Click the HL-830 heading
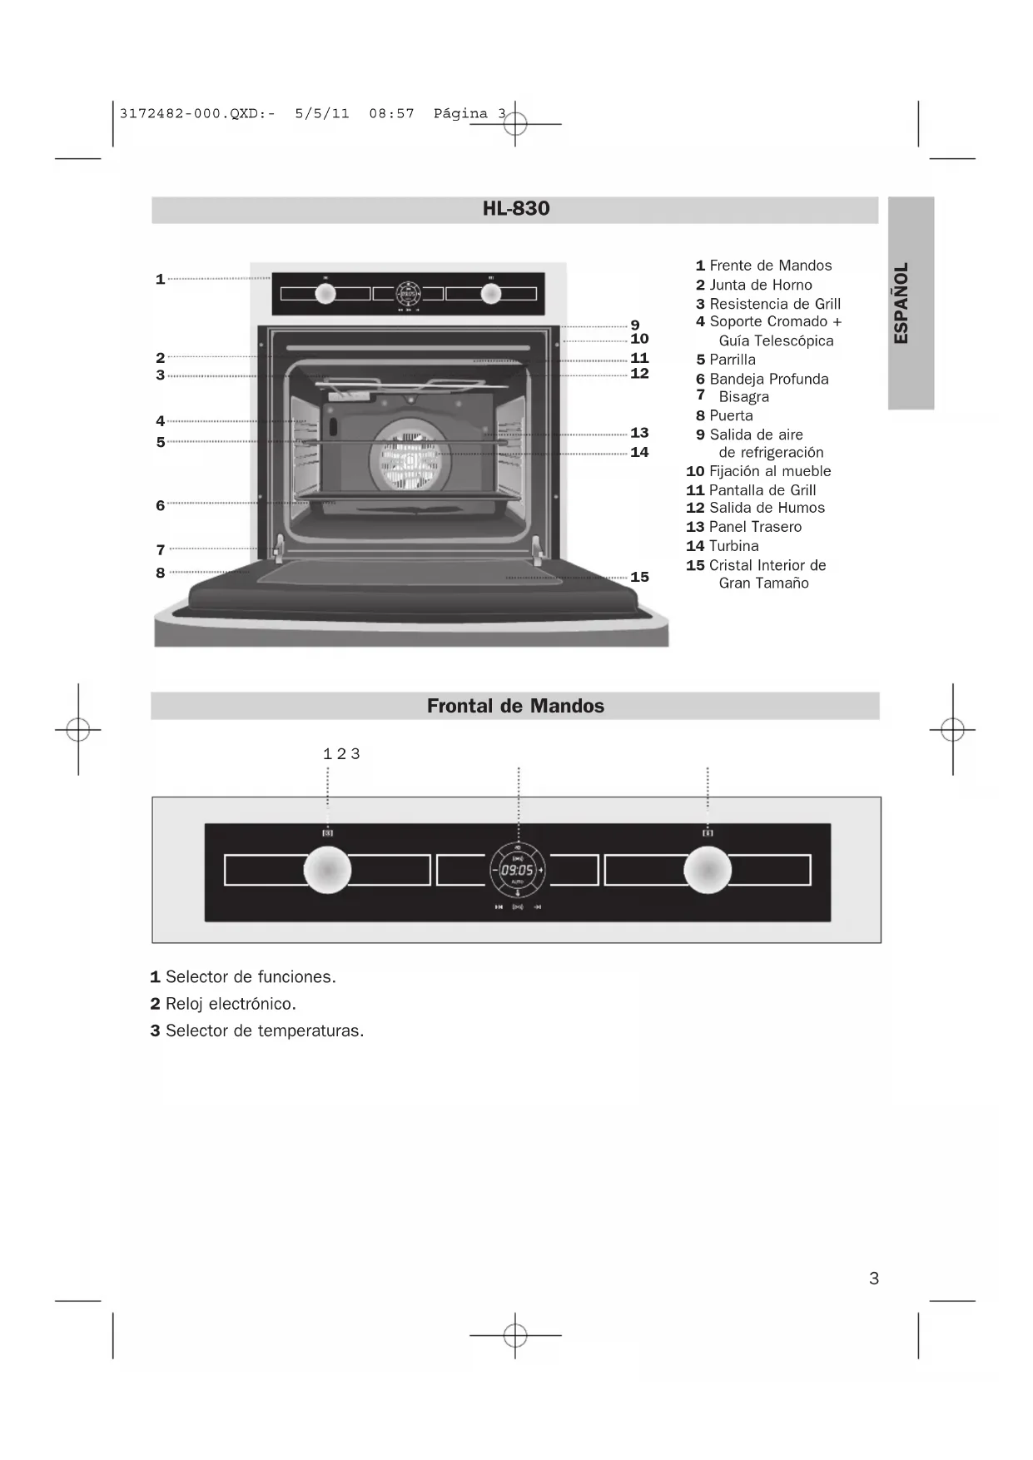(x=516, y=209)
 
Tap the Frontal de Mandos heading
(x=515, y=706)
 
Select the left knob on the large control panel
(x=327, y=870)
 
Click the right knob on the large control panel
(x=707, y=870)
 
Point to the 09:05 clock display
(x=517, y=870)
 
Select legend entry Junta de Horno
(x=760, y=285)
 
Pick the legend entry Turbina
(x=733, y=546)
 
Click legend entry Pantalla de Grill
(x=762, y=490)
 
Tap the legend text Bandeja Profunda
(x=768, y=379)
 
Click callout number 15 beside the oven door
(x=639, y=577)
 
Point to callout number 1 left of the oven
(x=160, y=279)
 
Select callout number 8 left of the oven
(x=160, y=573)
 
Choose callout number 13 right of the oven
(x=639, y=433)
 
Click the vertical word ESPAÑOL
(x=901, y=303)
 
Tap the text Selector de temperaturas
(x=264, y=1030)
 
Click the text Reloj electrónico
(x=231, y=1004)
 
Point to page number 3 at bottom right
(x=873, y=1279)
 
